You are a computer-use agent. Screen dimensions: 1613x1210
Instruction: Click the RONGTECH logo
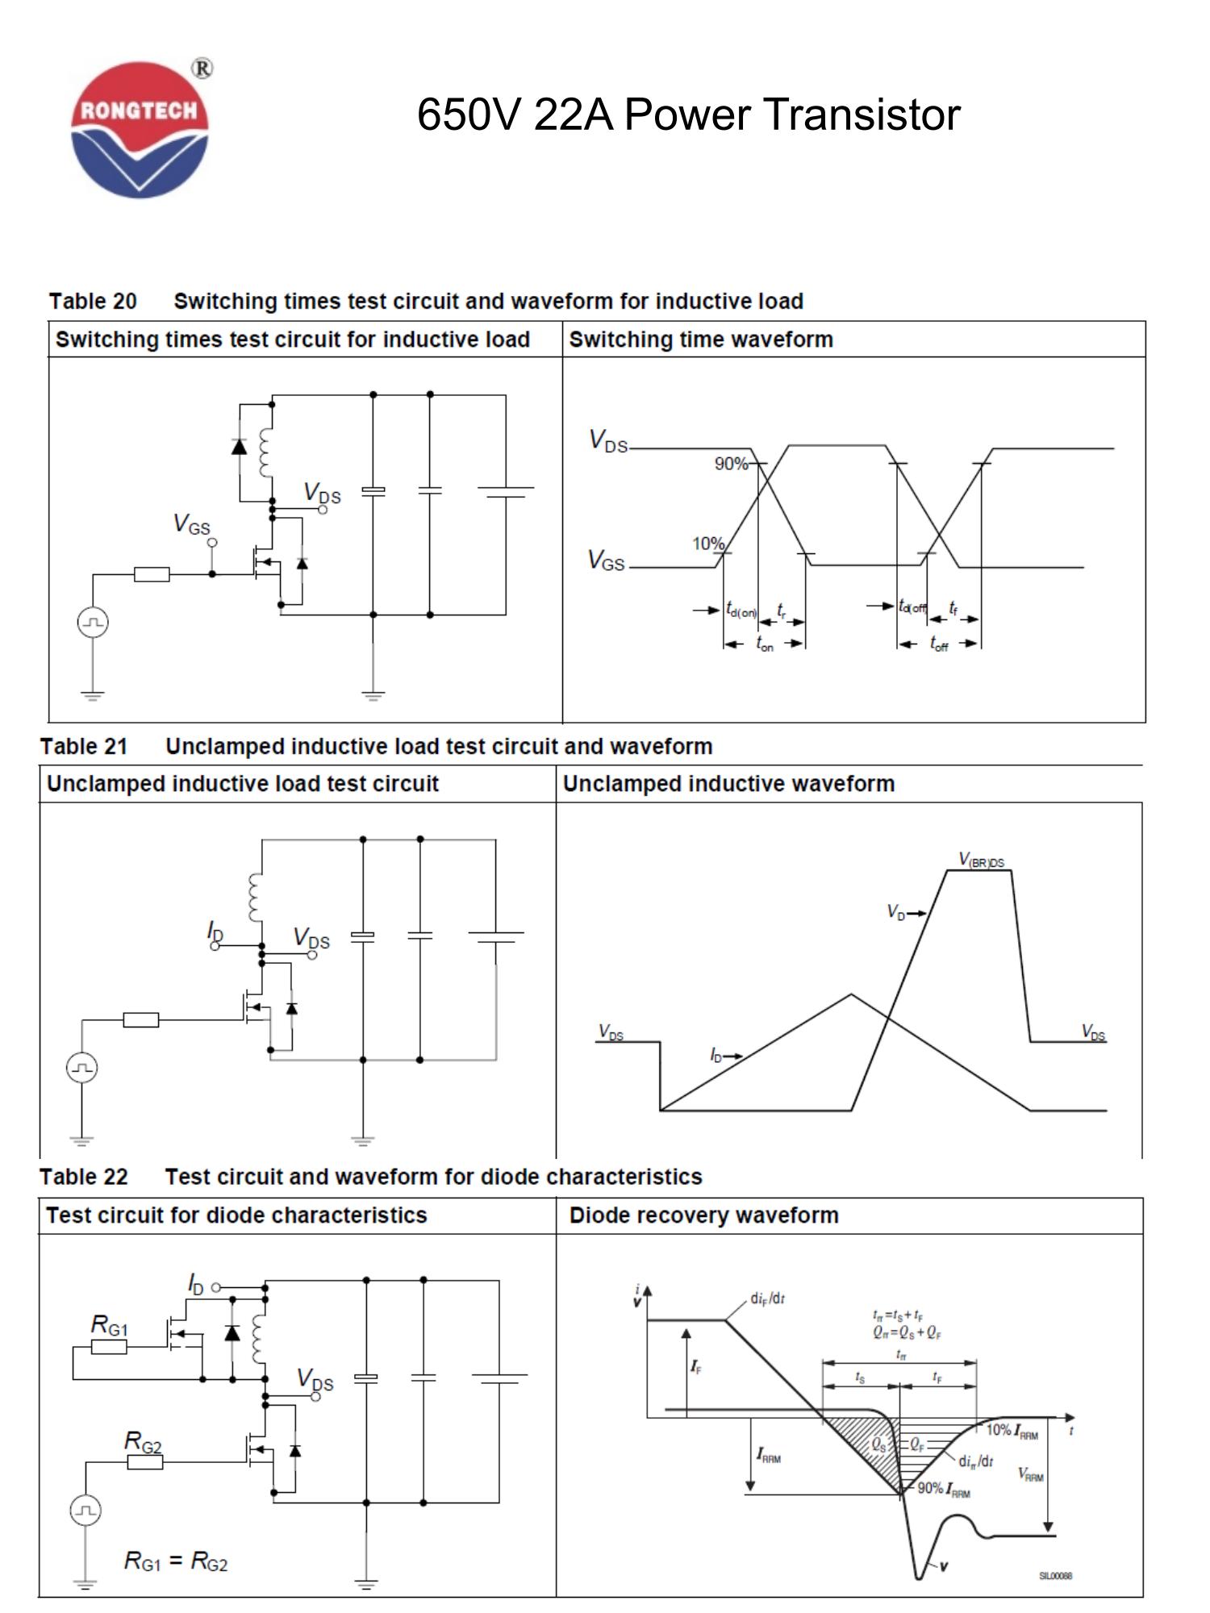point(140,129)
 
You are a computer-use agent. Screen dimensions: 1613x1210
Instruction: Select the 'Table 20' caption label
point(93,302)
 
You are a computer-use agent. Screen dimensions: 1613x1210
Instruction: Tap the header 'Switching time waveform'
point(700,340)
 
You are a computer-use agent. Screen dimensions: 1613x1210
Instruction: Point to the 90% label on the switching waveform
point(730,464)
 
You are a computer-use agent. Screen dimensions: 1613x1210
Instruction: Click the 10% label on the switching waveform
point(707,544)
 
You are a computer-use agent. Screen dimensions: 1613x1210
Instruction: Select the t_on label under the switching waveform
point(764,644)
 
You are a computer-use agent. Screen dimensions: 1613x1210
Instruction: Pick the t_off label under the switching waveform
point(939,644)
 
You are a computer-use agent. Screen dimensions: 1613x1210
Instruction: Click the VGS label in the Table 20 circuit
point(192,525)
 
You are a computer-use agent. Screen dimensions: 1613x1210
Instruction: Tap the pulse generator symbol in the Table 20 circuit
point(93,623)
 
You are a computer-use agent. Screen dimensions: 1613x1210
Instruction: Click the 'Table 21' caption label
point(84,747)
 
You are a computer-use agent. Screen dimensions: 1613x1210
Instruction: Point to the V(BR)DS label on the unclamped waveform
point(981,861)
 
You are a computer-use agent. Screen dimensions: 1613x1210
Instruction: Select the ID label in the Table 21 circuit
point(215,932)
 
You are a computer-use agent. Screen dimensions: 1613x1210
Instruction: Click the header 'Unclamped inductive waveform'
point(728,784)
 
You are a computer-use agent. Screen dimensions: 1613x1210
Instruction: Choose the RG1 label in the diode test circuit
point(109,1325)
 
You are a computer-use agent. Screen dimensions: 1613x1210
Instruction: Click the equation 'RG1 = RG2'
point(176,1561)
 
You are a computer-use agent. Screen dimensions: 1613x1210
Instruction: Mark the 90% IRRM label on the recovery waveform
point(944,1488)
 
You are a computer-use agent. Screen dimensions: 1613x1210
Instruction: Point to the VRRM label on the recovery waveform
point(1031,1474)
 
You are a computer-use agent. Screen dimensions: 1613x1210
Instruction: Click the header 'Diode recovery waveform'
point(703,1215)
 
